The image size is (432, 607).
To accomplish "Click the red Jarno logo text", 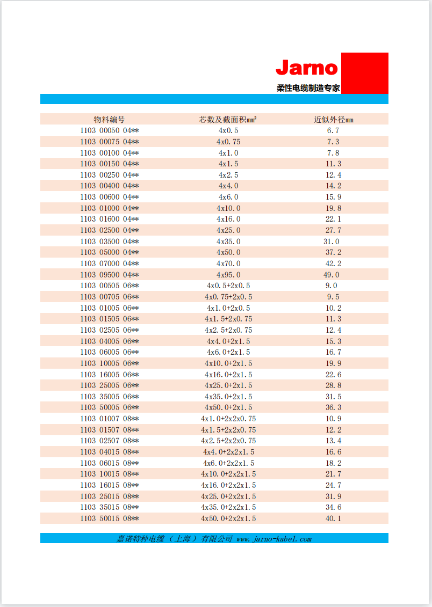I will tap(307, 68).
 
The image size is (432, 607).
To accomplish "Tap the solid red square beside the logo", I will tap(364, 73).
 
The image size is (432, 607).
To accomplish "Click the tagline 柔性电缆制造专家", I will tap(308, 88).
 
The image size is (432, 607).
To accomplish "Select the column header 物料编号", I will tap(110, 119).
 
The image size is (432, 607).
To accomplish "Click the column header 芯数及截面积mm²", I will tap(228, 119).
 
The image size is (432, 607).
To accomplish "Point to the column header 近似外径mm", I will tap(334, 119).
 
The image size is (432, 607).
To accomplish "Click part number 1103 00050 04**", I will tap(110, 130).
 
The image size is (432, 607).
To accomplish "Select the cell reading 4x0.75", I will tap(228, 142).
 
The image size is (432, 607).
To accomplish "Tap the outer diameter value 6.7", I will tap(334, 130).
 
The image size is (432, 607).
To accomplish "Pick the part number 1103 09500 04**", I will tap(110, 275).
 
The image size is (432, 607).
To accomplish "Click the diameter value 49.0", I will tap(332, 275).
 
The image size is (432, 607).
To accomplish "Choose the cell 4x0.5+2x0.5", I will tap(228, 286).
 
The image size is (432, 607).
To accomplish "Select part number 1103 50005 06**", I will tap(110, 408).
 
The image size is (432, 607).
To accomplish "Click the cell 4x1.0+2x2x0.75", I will tap(228, 419).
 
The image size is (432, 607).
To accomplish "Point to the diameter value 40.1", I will tap(334, 518).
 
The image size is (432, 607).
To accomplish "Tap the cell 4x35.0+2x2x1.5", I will tap(228, 507).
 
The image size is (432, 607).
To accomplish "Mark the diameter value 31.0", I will tap(332, 242).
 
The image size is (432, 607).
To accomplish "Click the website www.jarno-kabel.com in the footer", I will tap(274, 538).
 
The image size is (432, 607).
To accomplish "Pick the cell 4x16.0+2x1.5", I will tap(228, 375).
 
